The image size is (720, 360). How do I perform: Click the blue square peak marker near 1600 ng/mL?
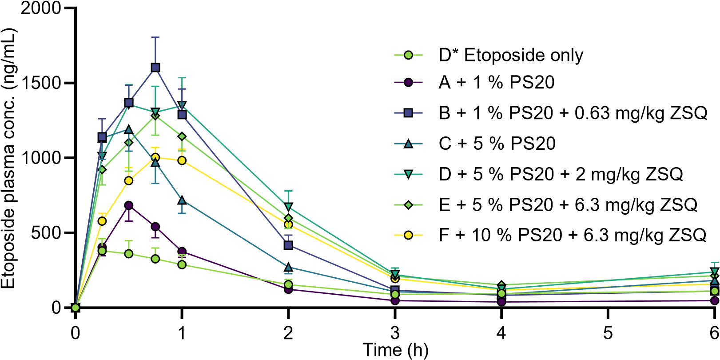[x=155, y=68]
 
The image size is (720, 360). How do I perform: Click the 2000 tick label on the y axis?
[x=40, y=8]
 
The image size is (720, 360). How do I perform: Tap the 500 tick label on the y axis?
[x=46, y=232]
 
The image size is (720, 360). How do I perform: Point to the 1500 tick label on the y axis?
[x=40, y=83]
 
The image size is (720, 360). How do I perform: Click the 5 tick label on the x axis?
[x=608, y=333]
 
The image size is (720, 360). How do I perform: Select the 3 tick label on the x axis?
[x=395, y=333]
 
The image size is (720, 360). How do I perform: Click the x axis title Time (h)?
[x=395, y=350]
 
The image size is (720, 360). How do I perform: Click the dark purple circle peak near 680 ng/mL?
[x=129, y=206]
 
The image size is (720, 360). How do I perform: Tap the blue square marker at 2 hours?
[x=288, y=245]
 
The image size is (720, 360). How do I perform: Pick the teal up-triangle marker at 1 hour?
[x=182, y=200]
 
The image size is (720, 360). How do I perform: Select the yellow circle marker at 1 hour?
[x=182, y=160]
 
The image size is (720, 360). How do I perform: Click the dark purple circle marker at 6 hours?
[x=715, y=300]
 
